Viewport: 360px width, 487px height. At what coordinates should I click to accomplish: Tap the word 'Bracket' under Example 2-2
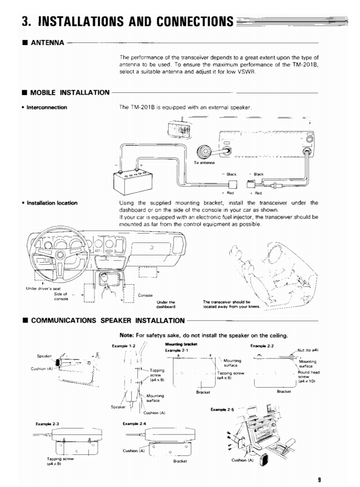[284, 391]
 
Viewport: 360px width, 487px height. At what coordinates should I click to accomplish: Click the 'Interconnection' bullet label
[48, 107]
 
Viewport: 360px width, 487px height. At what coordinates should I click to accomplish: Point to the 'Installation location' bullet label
[53, 203]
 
